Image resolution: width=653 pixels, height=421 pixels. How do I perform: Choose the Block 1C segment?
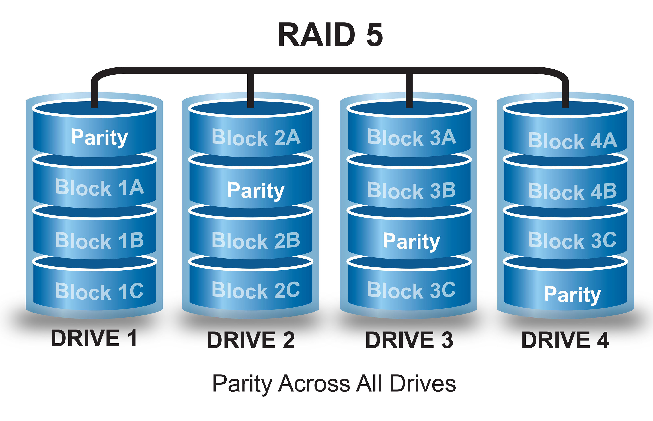tap(100, 291)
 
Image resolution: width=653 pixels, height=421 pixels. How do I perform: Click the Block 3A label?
tap(412, 137)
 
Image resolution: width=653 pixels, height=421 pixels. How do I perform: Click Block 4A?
tap(572, 141)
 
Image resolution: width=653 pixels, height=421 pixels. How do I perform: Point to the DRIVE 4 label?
tap(565, 340)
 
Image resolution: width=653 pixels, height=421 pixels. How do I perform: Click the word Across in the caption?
tap(314, 383)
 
